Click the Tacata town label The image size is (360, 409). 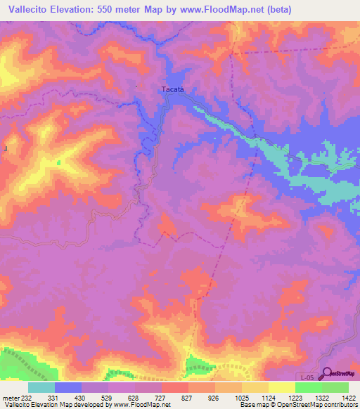(172, 89)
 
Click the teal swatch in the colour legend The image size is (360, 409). (41, 387)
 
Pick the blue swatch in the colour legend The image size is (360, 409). (68, 387)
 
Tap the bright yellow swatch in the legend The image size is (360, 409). (281, 387)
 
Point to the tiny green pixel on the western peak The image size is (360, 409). (58, 162)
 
